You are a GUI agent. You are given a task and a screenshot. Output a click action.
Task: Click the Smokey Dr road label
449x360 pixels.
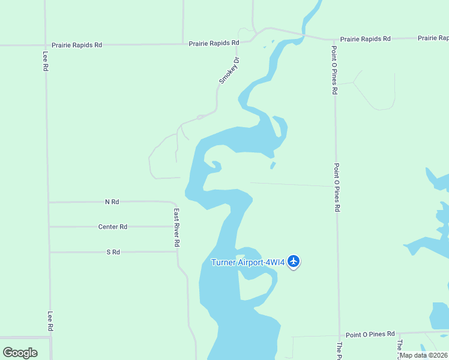click(x=229, y=70)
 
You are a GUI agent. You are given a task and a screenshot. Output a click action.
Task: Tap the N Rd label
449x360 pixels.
click(x=112, y=202)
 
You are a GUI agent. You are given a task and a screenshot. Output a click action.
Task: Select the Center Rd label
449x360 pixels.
click(x=112, y=227)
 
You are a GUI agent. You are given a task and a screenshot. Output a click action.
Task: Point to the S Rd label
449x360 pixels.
click(x=113, y=252)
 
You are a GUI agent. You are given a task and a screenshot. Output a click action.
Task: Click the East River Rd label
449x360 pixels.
click(x=177, y=228)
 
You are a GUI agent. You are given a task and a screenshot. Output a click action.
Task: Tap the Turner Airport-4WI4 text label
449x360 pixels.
click(x=247, y=262)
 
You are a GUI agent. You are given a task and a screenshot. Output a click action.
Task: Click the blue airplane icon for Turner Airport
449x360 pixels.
click(x=294, y=261)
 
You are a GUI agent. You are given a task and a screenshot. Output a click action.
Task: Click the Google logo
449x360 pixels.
click(x=20, y=352)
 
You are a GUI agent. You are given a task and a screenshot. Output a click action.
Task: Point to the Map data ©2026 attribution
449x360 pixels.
click(x=423, y=355)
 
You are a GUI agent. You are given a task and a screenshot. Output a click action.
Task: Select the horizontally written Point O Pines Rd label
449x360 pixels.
click(x=370, y=334)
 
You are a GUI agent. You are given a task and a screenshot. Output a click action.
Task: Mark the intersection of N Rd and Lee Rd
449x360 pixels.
click(x=49, y=202)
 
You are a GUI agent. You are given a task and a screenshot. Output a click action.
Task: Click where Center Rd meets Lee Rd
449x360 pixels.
click(x=49, y=227)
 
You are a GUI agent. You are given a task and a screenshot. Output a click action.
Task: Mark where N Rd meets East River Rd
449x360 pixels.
click(x=175, y=202)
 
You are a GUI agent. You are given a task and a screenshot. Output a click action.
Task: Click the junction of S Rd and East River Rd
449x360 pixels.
click(x=177, y=252)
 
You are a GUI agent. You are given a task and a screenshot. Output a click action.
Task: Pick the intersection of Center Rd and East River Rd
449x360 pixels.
click(x=176, y=227)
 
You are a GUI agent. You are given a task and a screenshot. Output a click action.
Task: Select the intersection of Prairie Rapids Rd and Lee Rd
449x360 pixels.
click(x=45, y=44)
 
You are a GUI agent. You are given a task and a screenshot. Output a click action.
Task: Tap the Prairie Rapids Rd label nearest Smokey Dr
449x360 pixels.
click(x=214, y=43)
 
